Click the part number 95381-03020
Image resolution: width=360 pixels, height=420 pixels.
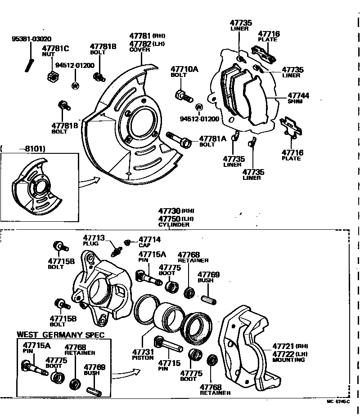click(31, 39)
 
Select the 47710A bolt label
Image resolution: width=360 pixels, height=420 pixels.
click(184, 69)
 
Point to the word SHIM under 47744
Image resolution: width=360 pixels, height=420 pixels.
click(295, 102)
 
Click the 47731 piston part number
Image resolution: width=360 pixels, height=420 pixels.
click(143, 352)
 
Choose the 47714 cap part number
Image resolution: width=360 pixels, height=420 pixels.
click(149, 240)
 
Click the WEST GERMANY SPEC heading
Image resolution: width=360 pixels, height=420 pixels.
click(60, 335)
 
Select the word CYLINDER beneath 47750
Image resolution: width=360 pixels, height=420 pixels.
click(174, 224)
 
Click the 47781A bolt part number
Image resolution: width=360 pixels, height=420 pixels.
click(212, 139)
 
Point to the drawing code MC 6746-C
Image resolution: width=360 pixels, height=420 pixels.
click(338, 402)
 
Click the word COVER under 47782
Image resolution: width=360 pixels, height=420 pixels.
click(139, 50)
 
